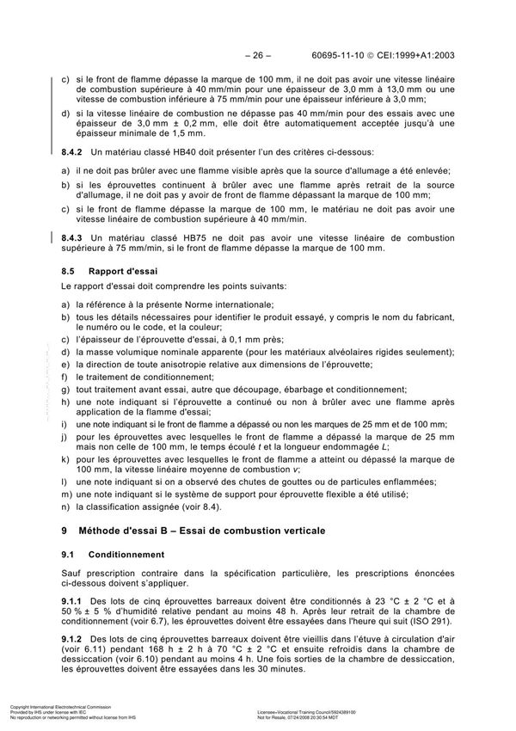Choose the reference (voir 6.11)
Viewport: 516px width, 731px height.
coord(86,654)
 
